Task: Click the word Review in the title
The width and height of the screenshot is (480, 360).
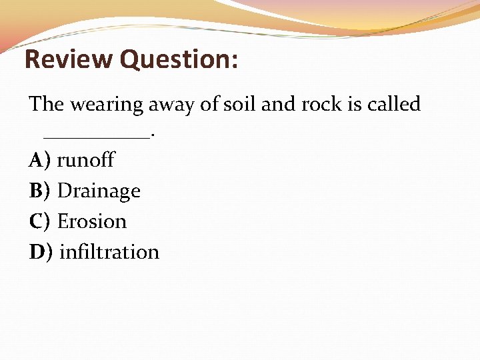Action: [x=69, y=59]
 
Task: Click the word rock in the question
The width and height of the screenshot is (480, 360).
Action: [x=328, y=104]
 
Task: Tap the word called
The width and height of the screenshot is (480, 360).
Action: [x=395, y=104]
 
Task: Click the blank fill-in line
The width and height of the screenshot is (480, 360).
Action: [x=97, y=137]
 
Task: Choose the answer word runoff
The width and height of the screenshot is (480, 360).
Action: [x=86, y=160]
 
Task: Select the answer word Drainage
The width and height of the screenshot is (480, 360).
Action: [x=99, y=191]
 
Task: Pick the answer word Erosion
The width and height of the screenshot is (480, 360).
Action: [x=92, y=221]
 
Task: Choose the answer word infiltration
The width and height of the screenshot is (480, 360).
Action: [x=109, y=252]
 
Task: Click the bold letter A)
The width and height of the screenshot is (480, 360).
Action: [x=40, y=160]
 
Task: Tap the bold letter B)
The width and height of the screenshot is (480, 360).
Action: [x=40, y=191]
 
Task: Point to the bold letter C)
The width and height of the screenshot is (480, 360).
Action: [x=40, y=221]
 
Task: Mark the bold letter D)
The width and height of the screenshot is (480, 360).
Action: [x=41, y=252]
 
